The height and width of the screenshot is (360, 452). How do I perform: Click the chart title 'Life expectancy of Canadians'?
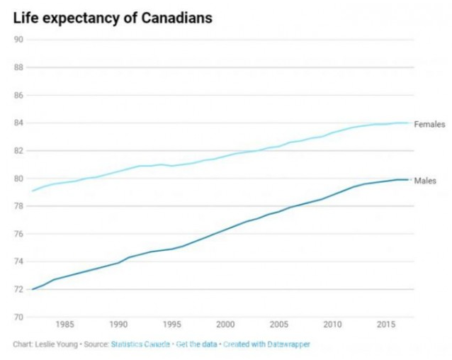coord(112,17)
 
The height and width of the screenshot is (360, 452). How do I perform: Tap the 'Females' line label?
coord(429,124)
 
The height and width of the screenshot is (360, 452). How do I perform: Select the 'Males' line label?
coord(425,181)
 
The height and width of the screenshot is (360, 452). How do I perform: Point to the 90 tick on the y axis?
coord(19,40)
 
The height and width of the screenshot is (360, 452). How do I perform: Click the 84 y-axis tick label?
coord(19,123)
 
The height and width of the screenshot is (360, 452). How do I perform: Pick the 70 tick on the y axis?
coord(19,317)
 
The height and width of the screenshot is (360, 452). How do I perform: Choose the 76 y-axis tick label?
coord(19,234)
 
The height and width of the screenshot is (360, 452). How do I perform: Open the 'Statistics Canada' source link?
coord(141,345)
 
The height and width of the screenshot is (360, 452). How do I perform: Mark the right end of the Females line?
coord(409,123)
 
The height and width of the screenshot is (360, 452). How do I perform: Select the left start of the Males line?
coord(33,289)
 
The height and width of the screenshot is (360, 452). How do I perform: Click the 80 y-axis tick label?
coord(19,179)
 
